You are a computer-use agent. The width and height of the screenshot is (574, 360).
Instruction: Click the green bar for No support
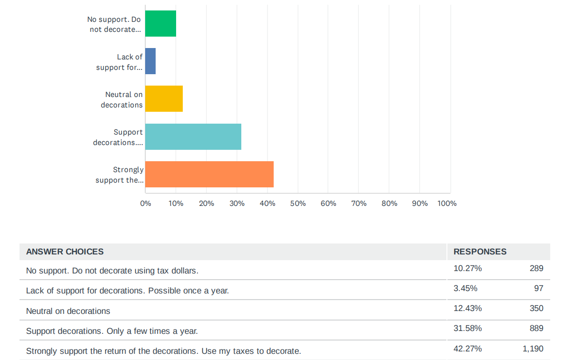160,23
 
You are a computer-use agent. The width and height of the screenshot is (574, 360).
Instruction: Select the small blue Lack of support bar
150,61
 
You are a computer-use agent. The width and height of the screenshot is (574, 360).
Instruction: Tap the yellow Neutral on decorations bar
164,98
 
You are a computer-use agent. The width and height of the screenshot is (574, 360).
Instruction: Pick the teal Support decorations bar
193,136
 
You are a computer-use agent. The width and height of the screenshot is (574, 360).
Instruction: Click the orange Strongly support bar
209,174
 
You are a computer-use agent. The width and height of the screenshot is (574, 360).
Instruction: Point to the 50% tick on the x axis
298,204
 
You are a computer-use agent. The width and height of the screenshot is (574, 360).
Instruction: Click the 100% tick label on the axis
447,204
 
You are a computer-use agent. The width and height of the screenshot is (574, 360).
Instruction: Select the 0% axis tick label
146,204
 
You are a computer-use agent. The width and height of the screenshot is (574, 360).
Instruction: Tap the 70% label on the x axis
359,204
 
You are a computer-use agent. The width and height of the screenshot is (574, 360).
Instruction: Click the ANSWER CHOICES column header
65,252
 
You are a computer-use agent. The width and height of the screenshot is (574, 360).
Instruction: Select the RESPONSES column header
480,252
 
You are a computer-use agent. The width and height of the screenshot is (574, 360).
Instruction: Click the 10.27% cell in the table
467,268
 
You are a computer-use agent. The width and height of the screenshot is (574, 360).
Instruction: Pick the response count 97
538,288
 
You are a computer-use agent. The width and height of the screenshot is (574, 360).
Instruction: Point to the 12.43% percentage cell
467,308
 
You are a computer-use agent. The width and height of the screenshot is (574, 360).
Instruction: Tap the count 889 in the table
536,328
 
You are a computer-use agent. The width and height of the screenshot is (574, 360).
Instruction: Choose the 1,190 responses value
533,349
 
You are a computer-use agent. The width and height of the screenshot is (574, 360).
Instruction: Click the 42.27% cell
467,349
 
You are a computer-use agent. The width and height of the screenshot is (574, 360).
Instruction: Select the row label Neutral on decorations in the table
68,311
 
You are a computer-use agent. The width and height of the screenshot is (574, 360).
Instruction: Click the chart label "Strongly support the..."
119,175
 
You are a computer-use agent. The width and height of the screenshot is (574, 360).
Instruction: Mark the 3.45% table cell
465,288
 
